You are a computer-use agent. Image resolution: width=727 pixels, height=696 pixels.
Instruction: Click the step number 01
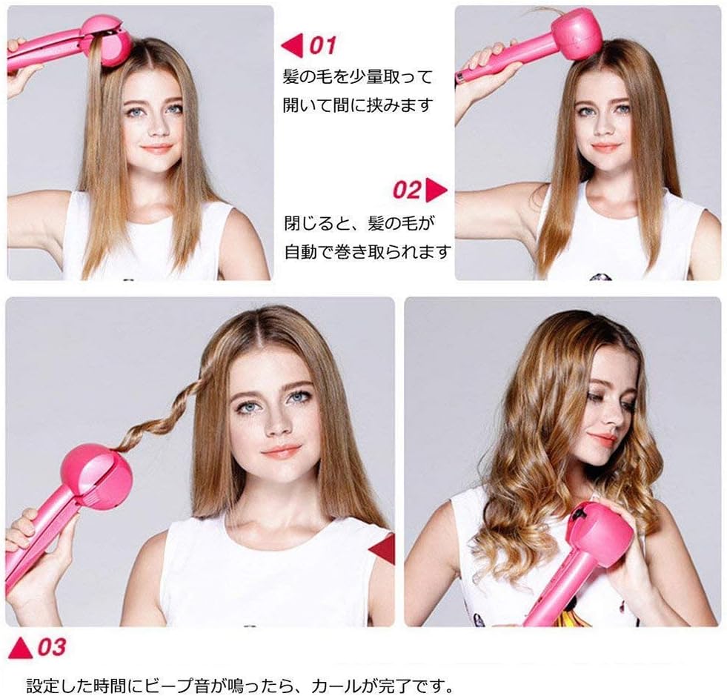(x=322, y=46)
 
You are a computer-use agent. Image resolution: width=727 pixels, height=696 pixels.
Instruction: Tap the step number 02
(x=407, y=190)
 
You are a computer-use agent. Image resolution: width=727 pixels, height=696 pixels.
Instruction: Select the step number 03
(x=51, y=647)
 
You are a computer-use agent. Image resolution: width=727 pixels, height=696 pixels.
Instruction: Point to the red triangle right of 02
(x=437, y=190)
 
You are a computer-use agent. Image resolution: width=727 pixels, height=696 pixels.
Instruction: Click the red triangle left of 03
(x=20, y=647)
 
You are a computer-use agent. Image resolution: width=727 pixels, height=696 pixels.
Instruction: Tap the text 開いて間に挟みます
(x=357, y=105)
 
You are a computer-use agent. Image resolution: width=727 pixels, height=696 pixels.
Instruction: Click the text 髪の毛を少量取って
(x=357, y=77)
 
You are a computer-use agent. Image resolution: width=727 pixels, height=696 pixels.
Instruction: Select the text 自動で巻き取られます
(x=368, y=252)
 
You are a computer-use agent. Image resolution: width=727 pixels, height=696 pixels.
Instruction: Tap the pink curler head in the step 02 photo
(x=576, y=33)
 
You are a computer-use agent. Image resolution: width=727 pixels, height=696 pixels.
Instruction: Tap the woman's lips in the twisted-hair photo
(x=282, y=451)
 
